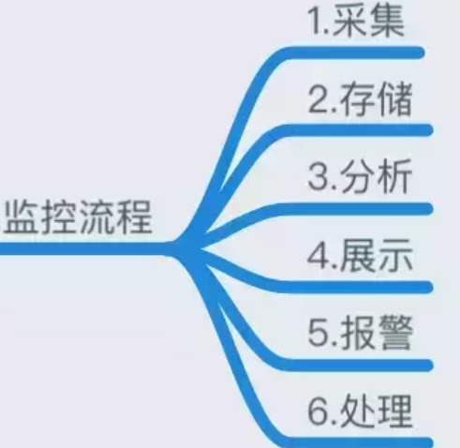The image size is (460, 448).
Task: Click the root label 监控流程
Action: (x=79, y=217)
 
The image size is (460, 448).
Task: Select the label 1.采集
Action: (x=356, y=21)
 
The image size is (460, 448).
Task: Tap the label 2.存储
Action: (x=360, y=98)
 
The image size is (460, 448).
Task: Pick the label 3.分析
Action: (x=360, y=176)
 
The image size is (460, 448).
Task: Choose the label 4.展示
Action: (x=360, y=254)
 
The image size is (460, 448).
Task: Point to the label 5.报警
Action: (x=361, y=332)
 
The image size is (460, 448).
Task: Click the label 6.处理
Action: (x=360, y=411)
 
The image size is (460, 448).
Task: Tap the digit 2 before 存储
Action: (x=318, y=99)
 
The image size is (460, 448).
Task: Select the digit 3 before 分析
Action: (x=318, y=177)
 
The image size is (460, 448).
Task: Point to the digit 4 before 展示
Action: (x=319, y=255)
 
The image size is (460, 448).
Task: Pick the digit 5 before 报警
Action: (x=318, y=334)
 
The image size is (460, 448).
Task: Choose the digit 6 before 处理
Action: (x=319, y=411)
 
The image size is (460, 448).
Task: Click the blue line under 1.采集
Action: (x=353, y=52)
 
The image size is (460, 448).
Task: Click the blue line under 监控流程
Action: (x=84, y=248)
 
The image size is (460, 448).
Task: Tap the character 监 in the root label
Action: (x=22, y=217)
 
